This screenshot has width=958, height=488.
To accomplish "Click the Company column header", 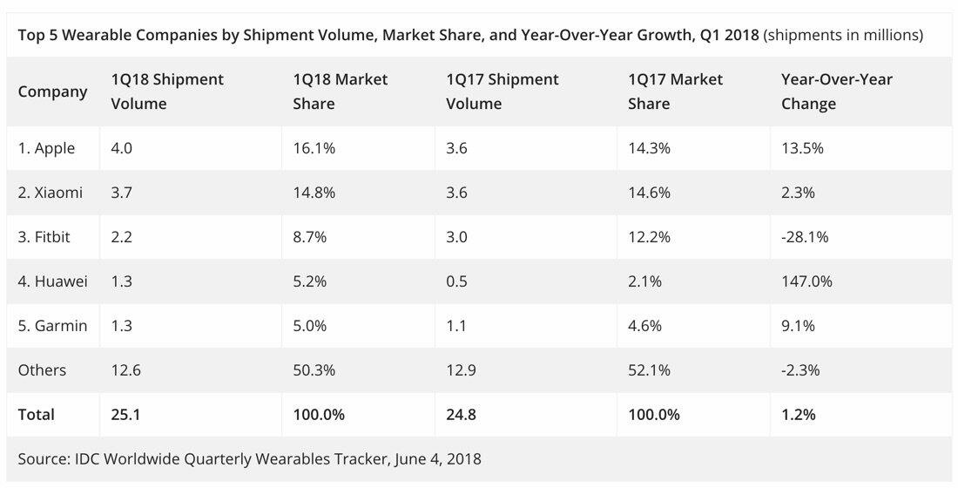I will (x=52, y=91).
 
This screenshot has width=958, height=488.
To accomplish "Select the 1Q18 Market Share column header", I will (x=341, y=91).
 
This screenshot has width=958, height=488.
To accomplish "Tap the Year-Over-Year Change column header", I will (x=836, y=91).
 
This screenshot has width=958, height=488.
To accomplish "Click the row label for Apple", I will (x=47, y=148).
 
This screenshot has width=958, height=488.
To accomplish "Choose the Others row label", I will (x=42, y=370).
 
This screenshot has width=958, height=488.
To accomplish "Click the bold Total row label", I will (x=37, y=415).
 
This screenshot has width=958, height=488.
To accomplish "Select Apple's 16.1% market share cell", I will (x=314, y=148).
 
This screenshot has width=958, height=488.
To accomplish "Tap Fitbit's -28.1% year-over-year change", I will (x=806, y=237).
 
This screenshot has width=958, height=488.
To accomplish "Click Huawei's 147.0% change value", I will (x=806, y=281).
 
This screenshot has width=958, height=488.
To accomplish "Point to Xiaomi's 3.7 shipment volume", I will (x=121, y=193).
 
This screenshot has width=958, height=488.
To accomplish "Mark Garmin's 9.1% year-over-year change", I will (x=798, y=326).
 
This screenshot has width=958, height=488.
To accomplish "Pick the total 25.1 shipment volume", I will (x=126, y=415).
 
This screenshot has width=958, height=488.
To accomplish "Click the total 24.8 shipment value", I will (x=462, y=415).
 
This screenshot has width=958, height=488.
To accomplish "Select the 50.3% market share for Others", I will (x=314, y=370).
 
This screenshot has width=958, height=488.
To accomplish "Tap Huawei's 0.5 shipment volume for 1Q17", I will (x=456, y=281).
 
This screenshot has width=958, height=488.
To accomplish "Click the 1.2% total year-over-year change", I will (x=799, y=415).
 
